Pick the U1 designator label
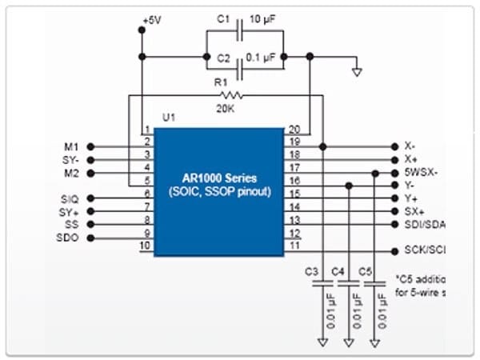tap(168, 118)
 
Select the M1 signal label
tap(71, 146)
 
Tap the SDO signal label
tap(70, 239)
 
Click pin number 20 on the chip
tap(294, 130)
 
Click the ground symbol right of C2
tap(358, 72)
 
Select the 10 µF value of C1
tap(266, 18)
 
